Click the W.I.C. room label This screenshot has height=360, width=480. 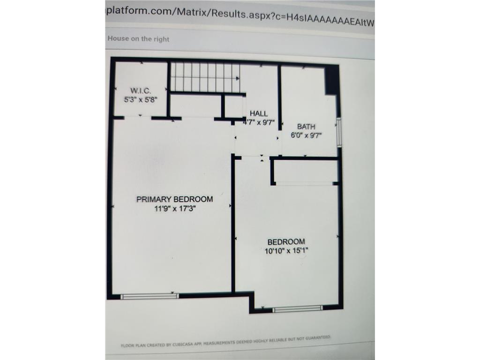click(141, 90)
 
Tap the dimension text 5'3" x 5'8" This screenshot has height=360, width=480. click(141, 99)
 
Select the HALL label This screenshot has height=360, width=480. click(259, 113)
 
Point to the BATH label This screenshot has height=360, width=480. click(306, 127)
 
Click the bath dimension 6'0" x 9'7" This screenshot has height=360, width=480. click(306, 135)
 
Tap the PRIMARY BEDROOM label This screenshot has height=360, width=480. click(174, 199)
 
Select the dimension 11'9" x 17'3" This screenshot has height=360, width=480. click(175, 209)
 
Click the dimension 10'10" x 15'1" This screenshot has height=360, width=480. click(286, 251)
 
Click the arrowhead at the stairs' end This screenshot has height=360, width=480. click(238, 79)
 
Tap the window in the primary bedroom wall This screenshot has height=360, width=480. click(150, 296)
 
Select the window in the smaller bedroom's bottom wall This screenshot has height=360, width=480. click(298, 309)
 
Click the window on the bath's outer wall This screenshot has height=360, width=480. click(339, 132)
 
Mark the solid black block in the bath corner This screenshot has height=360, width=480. click(331, 80)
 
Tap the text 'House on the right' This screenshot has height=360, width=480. click(138, 39)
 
